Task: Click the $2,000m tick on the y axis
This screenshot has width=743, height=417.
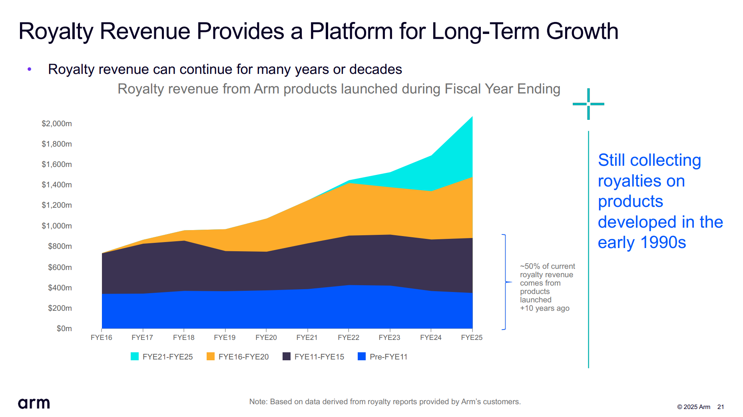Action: (57, 124)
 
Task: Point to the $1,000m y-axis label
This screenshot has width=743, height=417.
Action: (57, 226)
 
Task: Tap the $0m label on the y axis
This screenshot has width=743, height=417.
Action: (64, 329)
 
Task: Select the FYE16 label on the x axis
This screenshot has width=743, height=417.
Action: (102, 338)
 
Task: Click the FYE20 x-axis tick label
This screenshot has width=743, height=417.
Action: (266, 338)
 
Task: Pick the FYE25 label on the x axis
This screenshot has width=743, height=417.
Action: (472, 338)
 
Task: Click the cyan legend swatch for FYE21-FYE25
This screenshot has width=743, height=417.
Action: (135, 356)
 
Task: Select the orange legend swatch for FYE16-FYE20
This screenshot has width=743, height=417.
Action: (211, 356)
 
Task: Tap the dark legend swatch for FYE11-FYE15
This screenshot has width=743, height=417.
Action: (287, 356)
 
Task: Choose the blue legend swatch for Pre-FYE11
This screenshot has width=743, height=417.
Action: (362, 356)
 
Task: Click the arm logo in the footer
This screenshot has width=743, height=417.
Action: (34, 403)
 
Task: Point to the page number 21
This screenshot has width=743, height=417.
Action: (721, 407)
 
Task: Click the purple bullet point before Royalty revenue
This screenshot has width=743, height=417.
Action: (29, 69)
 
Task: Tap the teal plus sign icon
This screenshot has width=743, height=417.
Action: (588, 104)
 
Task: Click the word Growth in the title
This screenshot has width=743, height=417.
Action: (582, 31)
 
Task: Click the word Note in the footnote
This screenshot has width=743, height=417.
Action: (257, 402)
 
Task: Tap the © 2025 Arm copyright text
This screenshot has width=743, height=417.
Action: (693, 407)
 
